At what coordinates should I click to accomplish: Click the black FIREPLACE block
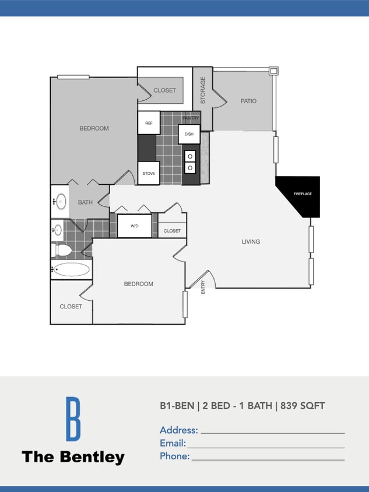pyautogui.click(x=300, y=194)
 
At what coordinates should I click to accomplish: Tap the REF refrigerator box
pyautogui.click(x=149, y=123)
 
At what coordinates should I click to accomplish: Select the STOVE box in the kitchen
pyautogui.click(x=149, y=173)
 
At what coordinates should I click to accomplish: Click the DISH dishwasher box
pyautogui.click(x=189, y=134)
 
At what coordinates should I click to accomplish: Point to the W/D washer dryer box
pyautogui.click(x=135, y=226)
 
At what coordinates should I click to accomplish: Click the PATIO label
pyautogui.click(x=248, y=101)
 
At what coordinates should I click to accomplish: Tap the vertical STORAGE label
pyautogui.click(x=203, y=90)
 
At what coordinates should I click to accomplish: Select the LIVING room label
pyautogui.click(x=251, y=241)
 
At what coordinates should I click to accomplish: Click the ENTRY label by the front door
pyautogui.click(x=203, y=287)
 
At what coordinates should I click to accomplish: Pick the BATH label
pyautogui.click(x=85, y=202)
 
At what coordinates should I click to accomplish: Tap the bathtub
pyautogui.click(x=71, y=269)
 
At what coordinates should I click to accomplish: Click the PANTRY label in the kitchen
pyautogui.click(x=191, y=118)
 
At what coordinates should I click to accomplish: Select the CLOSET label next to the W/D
pyautogui.click(x=172, y=231)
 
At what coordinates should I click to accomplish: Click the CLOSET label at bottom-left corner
pyautogui.click(x=71, y=306)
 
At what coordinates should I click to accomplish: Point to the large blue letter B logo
pyautogui.click(x=73, y=419)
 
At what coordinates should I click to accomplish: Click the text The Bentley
pyautogui.click(x=73, y=457)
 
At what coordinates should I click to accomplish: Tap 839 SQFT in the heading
pyautogui.click(x=303, y=406)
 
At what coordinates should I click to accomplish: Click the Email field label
pyautogui.click(x=173, y=443)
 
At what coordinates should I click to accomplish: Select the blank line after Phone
pyautogui.click(x=268, y=459)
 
